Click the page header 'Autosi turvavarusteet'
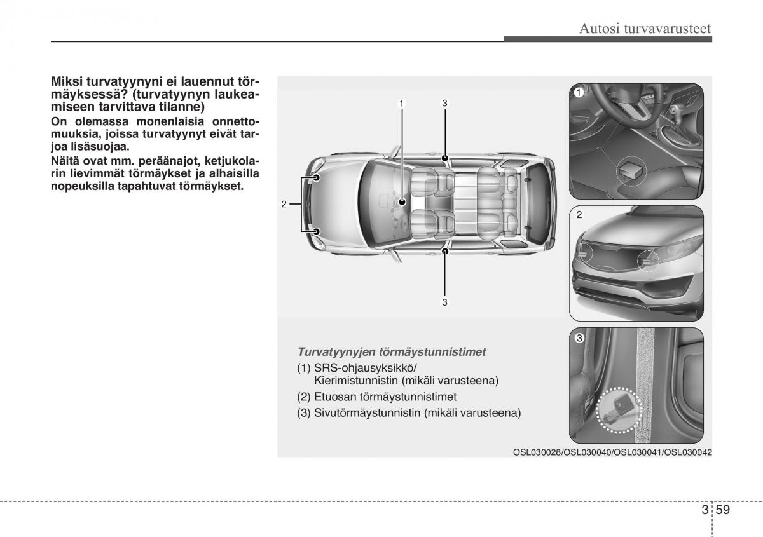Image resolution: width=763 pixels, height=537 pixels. (x=645, y=28)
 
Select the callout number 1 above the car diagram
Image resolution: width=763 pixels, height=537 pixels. (x=402, y=103)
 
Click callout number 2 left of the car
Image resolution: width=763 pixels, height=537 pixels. (x=284, y=203)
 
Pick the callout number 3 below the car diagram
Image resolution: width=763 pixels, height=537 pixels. (x=445, y=302)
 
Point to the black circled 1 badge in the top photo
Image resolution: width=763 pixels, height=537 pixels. (x=579, y=93)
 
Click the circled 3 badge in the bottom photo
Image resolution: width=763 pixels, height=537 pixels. (x=579, y=338)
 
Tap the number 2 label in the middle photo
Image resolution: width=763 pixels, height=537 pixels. (x=579, y=215)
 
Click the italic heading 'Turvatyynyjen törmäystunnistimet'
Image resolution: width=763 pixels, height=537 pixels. (x=392, y=351)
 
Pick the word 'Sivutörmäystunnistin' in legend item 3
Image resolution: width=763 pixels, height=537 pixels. (x=366, y=413)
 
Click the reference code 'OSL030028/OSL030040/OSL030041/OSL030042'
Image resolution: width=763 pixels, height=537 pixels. (x=612, y=452)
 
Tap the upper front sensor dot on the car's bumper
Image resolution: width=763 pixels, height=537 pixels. (x=316, y=178)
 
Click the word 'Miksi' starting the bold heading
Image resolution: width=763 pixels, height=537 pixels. (x=65, y=83)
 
